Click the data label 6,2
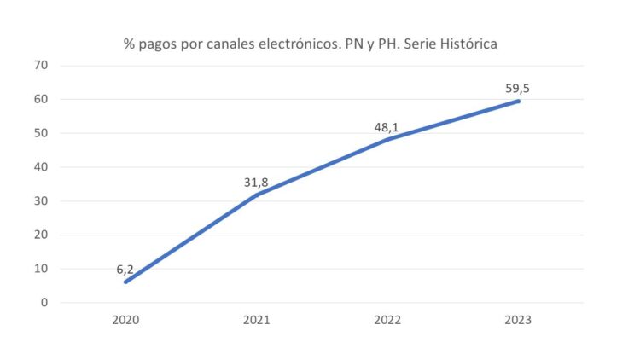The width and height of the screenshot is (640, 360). (x=125, y=269)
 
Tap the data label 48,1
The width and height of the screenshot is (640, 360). (x=387, y=127)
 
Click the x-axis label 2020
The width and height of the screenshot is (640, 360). (x=125, y=321)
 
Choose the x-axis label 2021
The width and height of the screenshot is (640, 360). (x=256, y=321)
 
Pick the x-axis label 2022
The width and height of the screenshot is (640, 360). (x=387, y=321)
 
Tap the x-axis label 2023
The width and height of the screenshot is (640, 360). (x=517, y=321)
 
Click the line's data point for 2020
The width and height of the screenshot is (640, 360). (x=125, y=282)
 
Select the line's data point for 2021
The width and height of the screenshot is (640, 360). (x=256, y=195)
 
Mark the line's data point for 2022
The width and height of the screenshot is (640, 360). (x=387, y=139)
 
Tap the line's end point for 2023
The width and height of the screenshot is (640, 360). (x=517, y=101)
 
